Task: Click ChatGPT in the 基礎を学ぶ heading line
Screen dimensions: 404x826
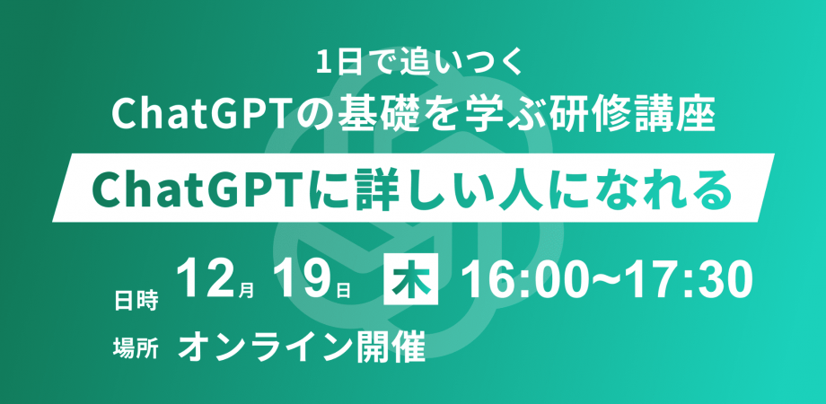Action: (x=185, y=115)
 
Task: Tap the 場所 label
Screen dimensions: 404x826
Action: (x=135, y=347)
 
